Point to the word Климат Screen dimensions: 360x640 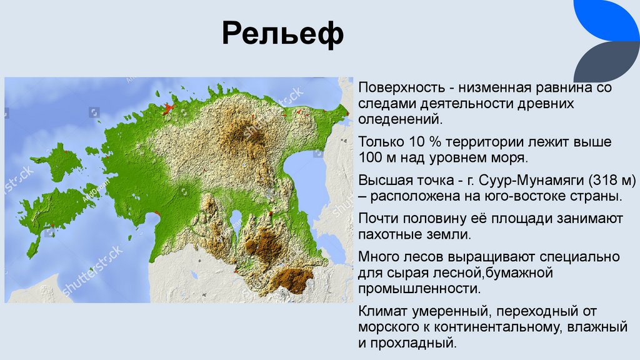[382, 311]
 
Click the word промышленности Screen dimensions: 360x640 [419, 289]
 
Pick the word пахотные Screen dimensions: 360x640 [388, 234]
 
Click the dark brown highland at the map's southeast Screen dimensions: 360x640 [289, 280]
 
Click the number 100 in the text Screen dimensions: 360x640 [370, 158]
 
